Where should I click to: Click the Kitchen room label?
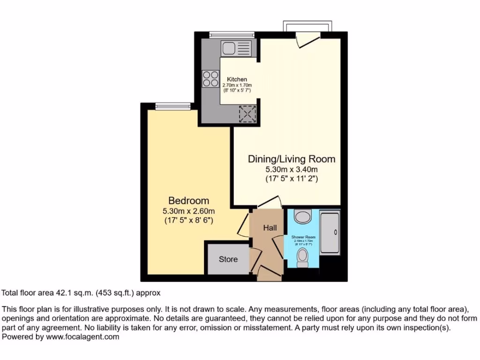click(x=237, y=79)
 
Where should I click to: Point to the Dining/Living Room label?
click(x=292, y=159)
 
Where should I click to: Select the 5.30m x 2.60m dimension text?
click(x=189, y=210)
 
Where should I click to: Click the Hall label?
click(x=270, y=228)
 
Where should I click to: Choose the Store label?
click(x=228, y=259)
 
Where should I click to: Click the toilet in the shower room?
click(x=303, y=257)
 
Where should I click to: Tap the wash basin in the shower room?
click(x=303, y=217)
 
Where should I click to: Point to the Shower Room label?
click(x=303, y=237)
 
